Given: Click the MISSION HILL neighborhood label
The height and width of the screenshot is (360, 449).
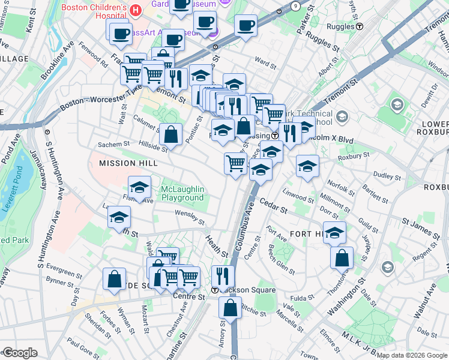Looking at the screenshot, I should tap(119, 163).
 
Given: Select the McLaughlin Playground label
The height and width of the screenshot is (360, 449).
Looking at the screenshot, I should tap(182, 193).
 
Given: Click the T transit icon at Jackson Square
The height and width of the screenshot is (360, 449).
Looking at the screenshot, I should tap(215, 289).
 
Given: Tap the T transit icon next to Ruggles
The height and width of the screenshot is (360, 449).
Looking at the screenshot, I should tap(360, 26).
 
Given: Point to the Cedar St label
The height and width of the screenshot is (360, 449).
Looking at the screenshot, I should tap(275, 207).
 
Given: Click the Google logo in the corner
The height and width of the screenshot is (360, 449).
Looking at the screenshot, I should tap(19, 353).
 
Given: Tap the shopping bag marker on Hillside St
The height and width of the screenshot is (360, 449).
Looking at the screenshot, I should tap(171, 134).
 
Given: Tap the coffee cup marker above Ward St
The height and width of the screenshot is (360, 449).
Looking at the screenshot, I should tap(246, 26).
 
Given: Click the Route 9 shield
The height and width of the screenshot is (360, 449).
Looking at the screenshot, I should tap(295, 5).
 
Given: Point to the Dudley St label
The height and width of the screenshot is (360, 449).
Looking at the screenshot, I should tap(382, 175).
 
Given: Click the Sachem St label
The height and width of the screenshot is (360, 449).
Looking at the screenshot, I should tap(114, 144).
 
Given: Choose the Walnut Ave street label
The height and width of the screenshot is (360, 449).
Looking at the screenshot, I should tap(424, 299).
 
